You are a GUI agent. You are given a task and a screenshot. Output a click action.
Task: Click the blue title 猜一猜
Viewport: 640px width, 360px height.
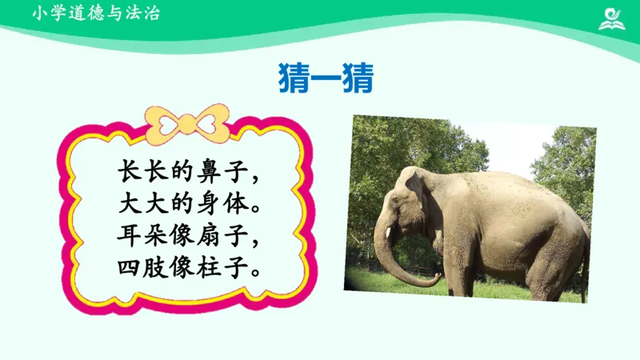coord(326,78)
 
